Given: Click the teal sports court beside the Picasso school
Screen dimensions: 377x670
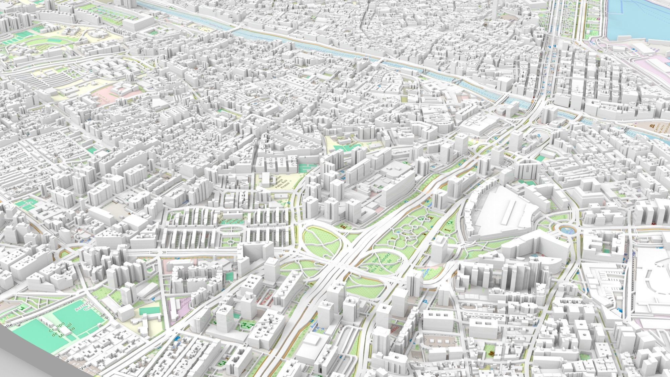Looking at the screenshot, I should tap(305, 168).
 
